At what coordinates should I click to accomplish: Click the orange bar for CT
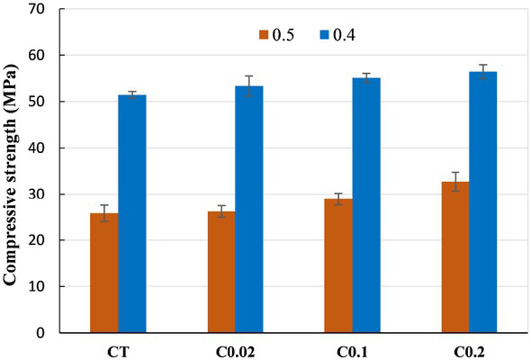pyautogui.click(x=103, y=273)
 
